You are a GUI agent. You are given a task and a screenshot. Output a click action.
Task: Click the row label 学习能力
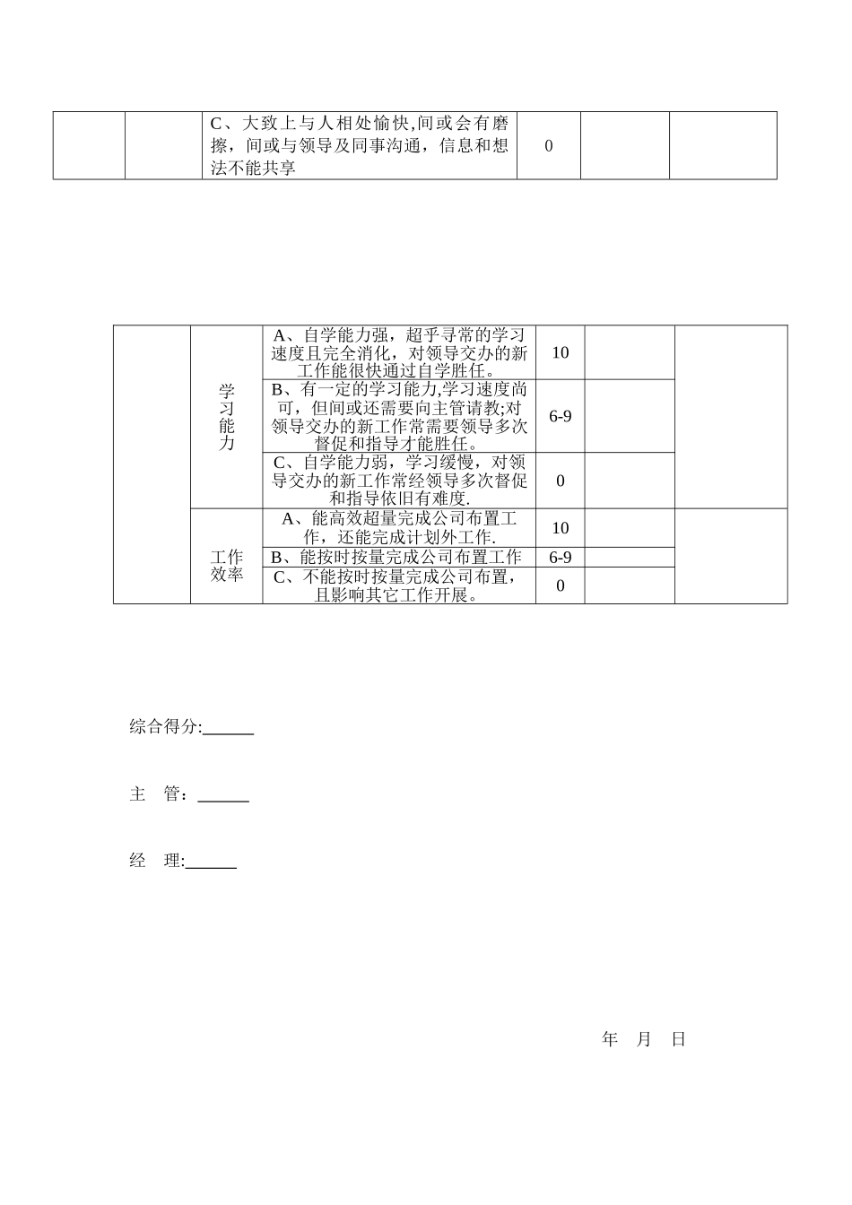(x=227, y=417)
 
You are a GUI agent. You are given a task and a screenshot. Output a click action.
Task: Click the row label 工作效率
(x=227, y=566)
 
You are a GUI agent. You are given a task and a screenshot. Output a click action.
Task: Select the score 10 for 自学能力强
(x=561, y=352)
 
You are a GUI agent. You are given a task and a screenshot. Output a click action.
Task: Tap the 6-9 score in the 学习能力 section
(x=561, y=416)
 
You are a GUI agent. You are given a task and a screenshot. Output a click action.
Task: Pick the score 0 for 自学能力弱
(x=561, y=481)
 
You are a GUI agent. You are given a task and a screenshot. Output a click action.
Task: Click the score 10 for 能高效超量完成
(x=561, y=528)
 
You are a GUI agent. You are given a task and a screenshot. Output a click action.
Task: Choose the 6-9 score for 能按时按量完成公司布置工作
(x=561, y=557)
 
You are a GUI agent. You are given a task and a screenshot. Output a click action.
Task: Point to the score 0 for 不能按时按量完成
(x=561, y=586)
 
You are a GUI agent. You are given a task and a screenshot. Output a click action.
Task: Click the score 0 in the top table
(x=549, y=145)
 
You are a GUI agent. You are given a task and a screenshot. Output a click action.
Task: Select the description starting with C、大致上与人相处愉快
(x=360, y=145)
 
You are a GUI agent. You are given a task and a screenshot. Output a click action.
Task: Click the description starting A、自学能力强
(x=399, y=352)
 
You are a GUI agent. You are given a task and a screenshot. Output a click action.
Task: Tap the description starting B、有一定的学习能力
(x=399, y=416)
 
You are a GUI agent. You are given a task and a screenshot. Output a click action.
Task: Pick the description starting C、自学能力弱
(x=399, y=481)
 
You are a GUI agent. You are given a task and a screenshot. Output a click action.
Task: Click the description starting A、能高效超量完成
(x=399, y=528)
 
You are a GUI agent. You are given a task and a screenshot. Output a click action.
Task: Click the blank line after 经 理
(x=211, y=863)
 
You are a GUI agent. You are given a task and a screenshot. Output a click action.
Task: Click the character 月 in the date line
(x=644, y=1039)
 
